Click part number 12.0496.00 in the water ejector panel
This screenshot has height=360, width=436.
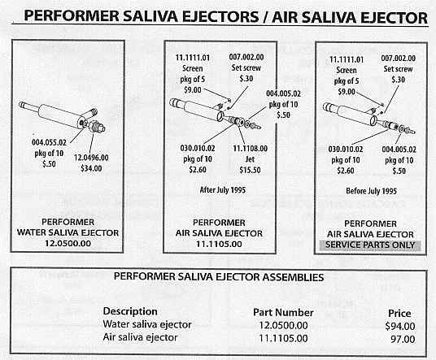tap(91, 158)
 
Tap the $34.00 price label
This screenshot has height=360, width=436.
tap(91, 168)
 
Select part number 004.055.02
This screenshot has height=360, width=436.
tap(50, 142)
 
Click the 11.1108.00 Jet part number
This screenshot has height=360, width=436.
tap(250, 149)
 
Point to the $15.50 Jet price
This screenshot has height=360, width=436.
tap(250, 170)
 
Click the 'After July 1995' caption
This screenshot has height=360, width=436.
tap(223, 190)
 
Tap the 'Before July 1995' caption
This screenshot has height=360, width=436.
tap(371, 191)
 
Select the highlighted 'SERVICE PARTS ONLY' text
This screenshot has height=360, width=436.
tap(370, 245)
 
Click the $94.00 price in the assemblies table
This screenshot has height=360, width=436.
tap(400, 326)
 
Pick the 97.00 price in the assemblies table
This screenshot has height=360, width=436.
tap(403, 339)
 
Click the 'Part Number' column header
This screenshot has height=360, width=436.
tap(283, 313)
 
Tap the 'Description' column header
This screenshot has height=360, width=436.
tap(130, 311)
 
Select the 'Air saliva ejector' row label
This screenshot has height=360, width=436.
tap(140, 337)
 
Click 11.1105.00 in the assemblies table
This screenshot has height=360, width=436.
tap(283, 339)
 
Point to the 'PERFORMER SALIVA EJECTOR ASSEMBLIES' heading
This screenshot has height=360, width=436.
tap(219, 277)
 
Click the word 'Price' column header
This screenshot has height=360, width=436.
tap(399, 314)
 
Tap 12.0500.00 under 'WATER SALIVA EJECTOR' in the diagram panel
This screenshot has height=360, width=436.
tap(68, 243)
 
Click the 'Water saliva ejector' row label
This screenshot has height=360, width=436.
tap(147, 324)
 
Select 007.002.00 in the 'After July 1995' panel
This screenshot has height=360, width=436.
tap(246, 57)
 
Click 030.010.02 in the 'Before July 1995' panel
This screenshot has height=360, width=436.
tap(346, 150)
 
